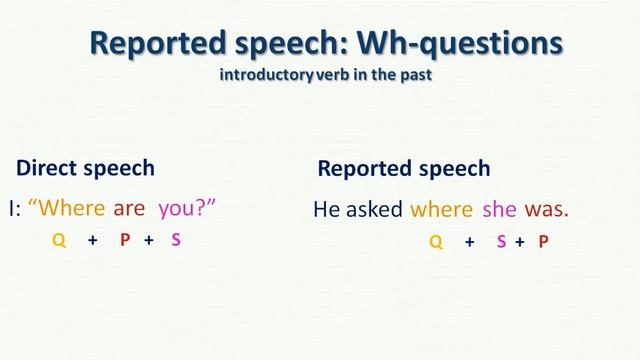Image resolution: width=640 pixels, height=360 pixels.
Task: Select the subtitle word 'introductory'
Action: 262,76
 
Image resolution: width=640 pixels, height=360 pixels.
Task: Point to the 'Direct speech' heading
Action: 86,168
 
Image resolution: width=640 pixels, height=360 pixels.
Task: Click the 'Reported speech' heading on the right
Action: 404,168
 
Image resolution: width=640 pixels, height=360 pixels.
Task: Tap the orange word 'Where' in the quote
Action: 67,208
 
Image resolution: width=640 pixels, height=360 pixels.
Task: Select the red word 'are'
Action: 129,208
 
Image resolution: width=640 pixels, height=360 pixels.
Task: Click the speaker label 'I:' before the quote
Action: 17,208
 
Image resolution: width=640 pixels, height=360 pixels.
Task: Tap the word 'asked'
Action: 375,209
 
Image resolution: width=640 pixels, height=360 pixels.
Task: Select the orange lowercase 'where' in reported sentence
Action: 441,209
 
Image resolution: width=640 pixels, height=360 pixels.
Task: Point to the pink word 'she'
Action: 498,209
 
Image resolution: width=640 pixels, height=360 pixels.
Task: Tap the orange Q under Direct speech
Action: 59,241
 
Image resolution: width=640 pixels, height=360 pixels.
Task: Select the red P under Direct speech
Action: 125,241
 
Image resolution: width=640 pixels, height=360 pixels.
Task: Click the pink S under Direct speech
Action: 176,241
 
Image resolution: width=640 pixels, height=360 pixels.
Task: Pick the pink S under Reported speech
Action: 501,241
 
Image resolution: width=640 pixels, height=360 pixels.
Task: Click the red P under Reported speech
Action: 543,241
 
